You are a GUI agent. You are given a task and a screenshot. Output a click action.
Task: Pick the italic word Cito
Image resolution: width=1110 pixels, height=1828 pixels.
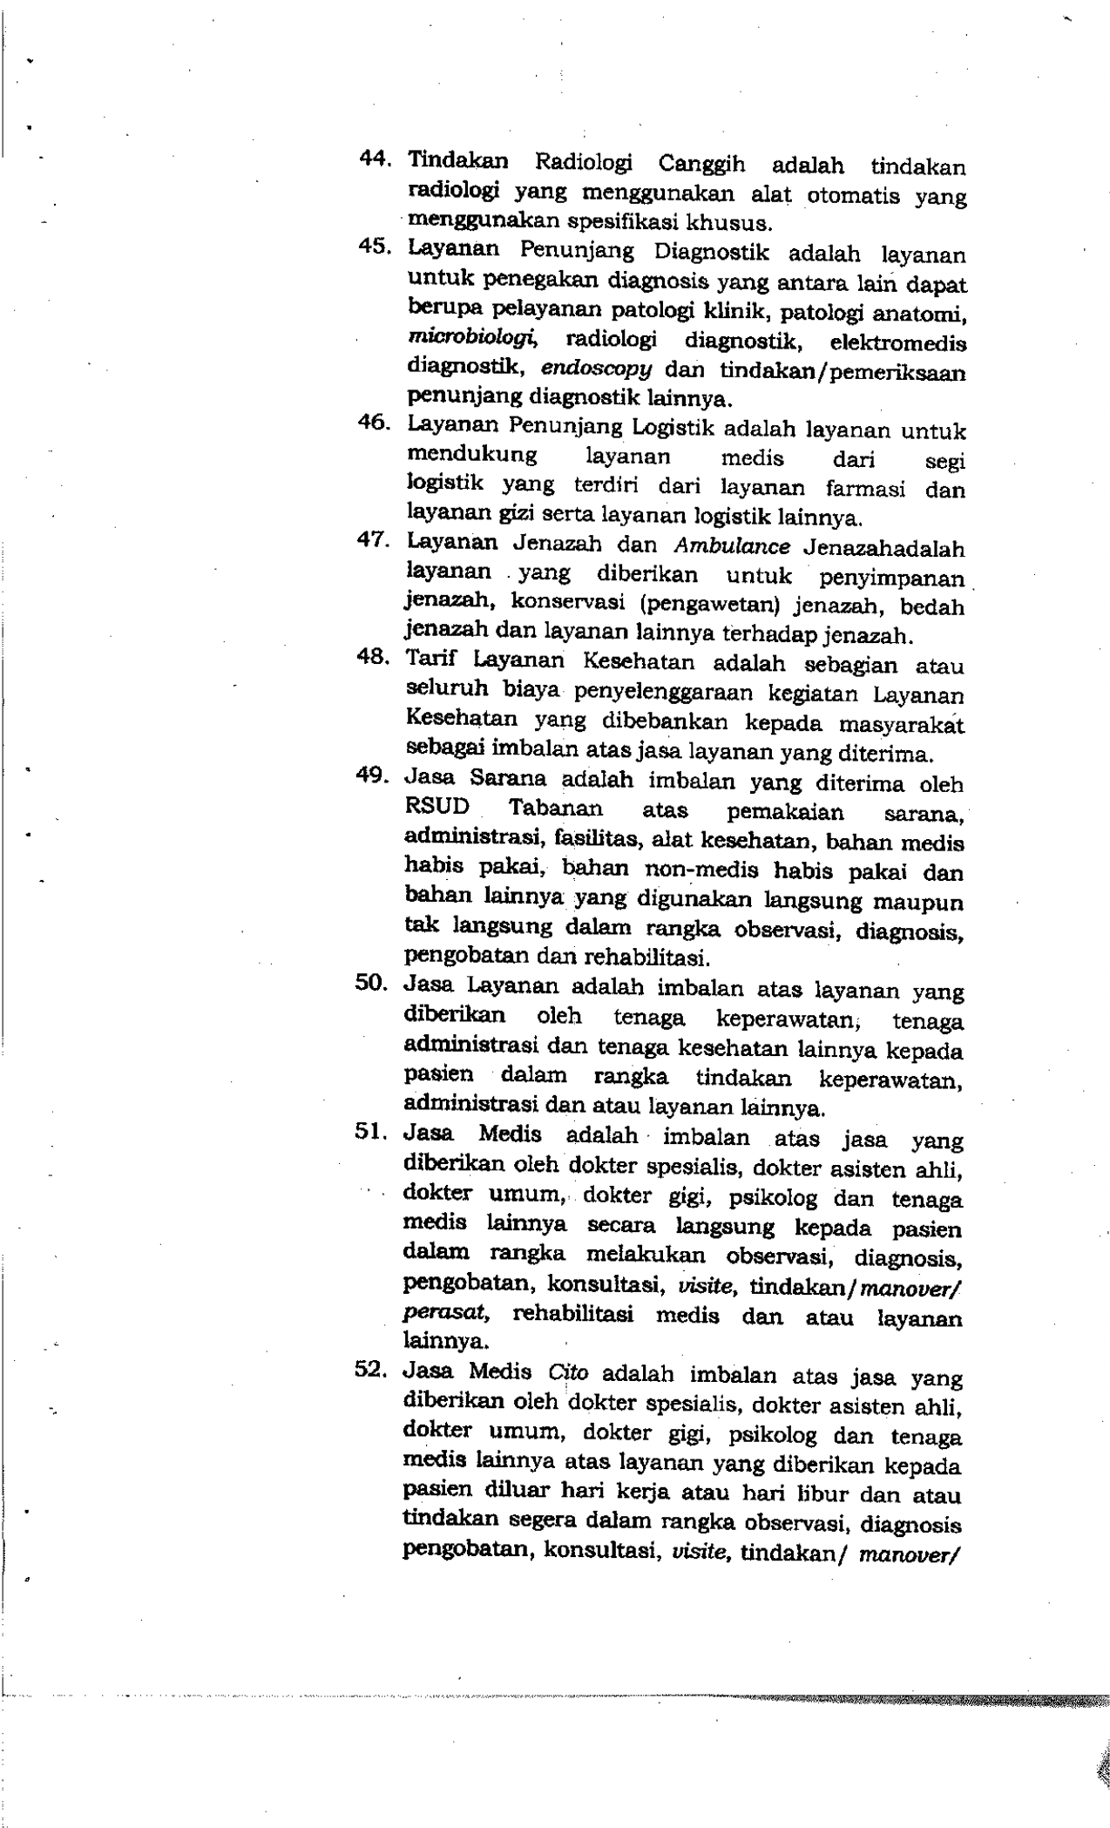tap(568, 1371)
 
